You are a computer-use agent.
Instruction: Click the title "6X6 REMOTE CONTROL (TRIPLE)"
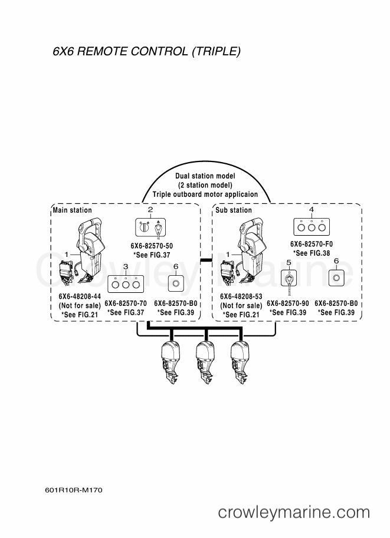coord(147,51)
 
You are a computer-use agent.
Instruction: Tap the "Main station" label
coord(72,210)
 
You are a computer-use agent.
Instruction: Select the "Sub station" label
coord(234,210)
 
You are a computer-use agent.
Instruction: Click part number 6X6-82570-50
coord(152,246)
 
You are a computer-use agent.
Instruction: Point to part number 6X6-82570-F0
coord(312,244)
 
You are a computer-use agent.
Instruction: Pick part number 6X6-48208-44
coord(80,296)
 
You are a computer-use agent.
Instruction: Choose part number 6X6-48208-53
coord(241,296)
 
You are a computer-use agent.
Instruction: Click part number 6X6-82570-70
coord(126,303)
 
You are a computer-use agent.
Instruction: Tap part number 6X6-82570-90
coord(288,303)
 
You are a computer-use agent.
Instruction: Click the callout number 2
coord(150,209)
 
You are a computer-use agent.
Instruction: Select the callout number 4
coord(312,209)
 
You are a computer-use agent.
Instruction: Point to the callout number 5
coord(289,262)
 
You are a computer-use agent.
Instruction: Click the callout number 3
coord(126,266)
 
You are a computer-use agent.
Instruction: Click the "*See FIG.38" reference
coord(312,253)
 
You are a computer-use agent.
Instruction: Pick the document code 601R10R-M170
coord(74,490)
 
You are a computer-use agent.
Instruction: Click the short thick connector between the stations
coord(206,261)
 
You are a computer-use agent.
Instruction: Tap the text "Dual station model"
coord(205,176)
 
